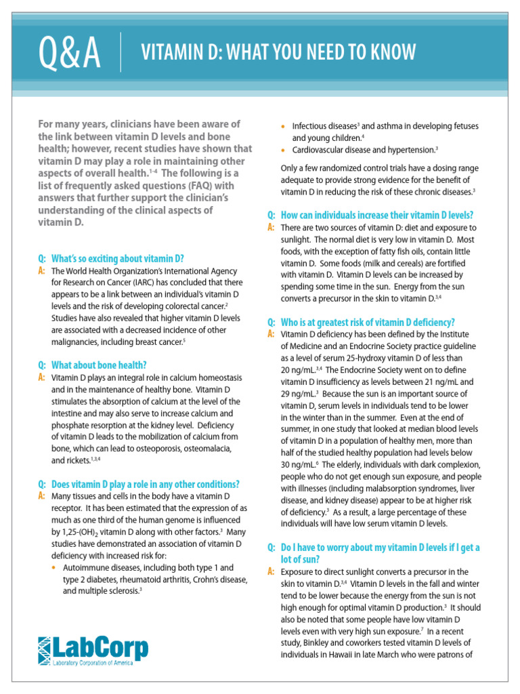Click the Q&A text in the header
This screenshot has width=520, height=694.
(x=70, y=53)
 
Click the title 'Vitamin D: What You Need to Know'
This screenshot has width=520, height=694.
(x=277, y=52)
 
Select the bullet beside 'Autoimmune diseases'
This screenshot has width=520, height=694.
(x=56, y=567)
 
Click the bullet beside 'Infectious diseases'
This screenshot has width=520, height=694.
(x=284, y=126)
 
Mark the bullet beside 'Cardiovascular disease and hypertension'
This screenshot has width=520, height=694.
(x=284, y=149)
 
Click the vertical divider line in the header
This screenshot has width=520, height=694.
(x=121, y=52)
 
